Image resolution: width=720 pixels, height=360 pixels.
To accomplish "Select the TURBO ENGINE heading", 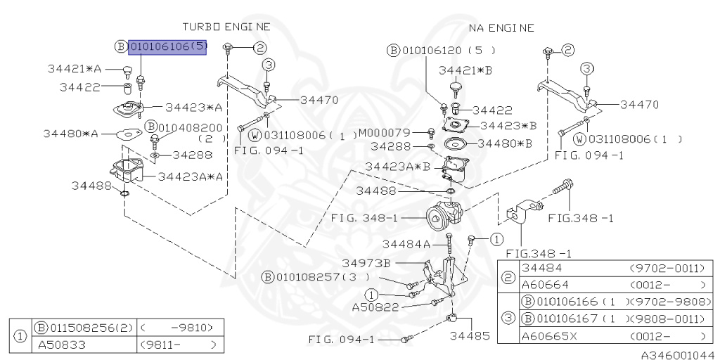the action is tap(226, 27).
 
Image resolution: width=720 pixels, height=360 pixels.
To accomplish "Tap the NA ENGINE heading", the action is tap(501, 28).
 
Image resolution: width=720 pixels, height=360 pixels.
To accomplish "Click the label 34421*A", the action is tap(75, 69).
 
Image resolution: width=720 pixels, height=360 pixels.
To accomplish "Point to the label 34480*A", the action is tap(70, 133).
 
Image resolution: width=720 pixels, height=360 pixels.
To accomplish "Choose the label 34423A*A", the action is tap(190, 176).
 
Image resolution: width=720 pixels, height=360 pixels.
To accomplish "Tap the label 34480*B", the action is tap(505, 143).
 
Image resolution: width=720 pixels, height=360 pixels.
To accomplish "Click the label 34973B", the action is tap(366, 262).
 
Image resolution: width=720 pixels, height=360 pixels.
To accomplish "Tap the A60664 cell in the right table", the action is tap(544, 285).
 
